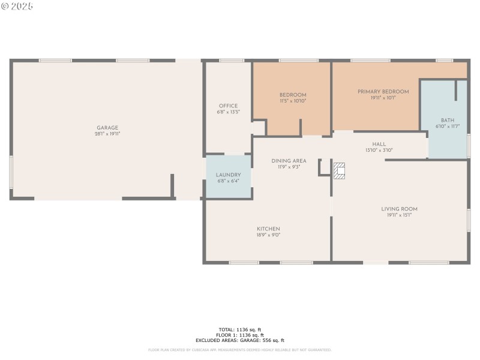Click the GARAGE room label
(107, 127)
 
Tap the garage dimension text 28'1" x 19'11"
(107, 134)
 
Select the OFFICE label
(228, 106)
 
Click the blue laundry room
(228, 177)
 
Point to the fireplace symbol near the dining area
(340, 171)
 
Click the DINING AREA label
(289, 161)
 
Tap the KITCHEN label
(268, 229)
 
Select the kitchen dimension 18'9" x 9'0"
(268, 235)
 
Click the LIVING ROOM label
(399, 209)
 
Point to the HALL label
(379, 144)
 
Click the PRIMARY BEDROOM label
(383, 91)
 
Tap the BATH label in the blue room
(447, 120)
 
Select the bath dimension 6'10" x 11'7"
(447, 127)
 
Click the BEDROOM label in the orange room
(293, 95)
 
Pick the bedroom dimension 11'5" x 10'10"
(293, 101)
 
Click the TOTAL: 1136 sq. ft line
(240, 330)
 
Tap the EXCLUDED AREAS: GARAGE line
(240, 340)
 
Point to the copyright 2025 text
(17, 6)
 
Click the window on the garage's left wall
(11, 172)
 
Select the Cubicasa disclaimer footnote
(240, 350)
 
